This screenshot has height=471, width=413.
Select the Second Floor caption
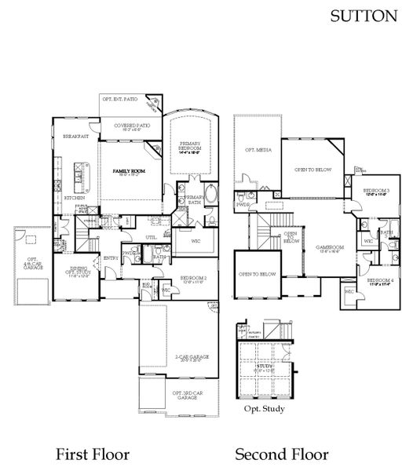click(x=281, y=455)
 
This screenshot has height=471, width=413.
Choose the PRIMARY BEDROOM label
click(x=188, y=146)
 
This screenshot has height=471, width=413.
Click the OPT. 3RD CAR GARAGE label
click(x=187, y=395)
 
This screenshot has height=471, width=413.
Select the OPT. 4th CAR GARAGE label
click(x=33, y=263)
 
